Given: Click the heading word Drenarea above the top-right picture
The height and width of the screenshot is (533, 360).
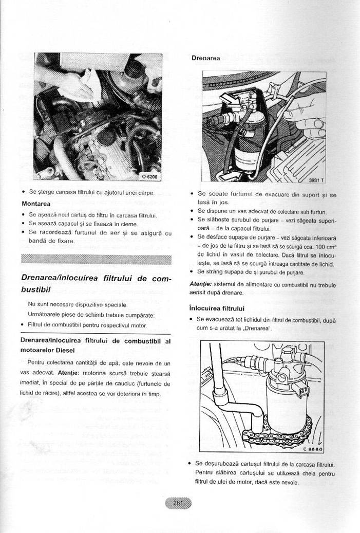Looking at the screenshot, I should coord(205,58).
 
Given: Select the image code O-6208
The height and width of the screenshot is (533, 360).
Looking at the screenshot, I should coord(150,176).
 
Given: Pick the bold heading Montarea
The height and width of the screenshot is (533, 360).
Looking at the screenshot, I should coord(35,204).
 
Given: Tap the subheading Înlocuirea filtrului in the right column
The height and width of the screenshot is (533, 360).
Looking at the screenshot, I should coord(216,308).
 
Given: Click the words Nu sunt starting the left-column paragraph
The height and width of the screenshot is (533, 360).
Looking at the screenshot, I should coord(36,304).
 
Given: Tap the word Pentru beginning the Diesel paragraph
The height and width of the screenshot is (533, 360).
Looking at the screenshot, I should coord(35,362).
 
